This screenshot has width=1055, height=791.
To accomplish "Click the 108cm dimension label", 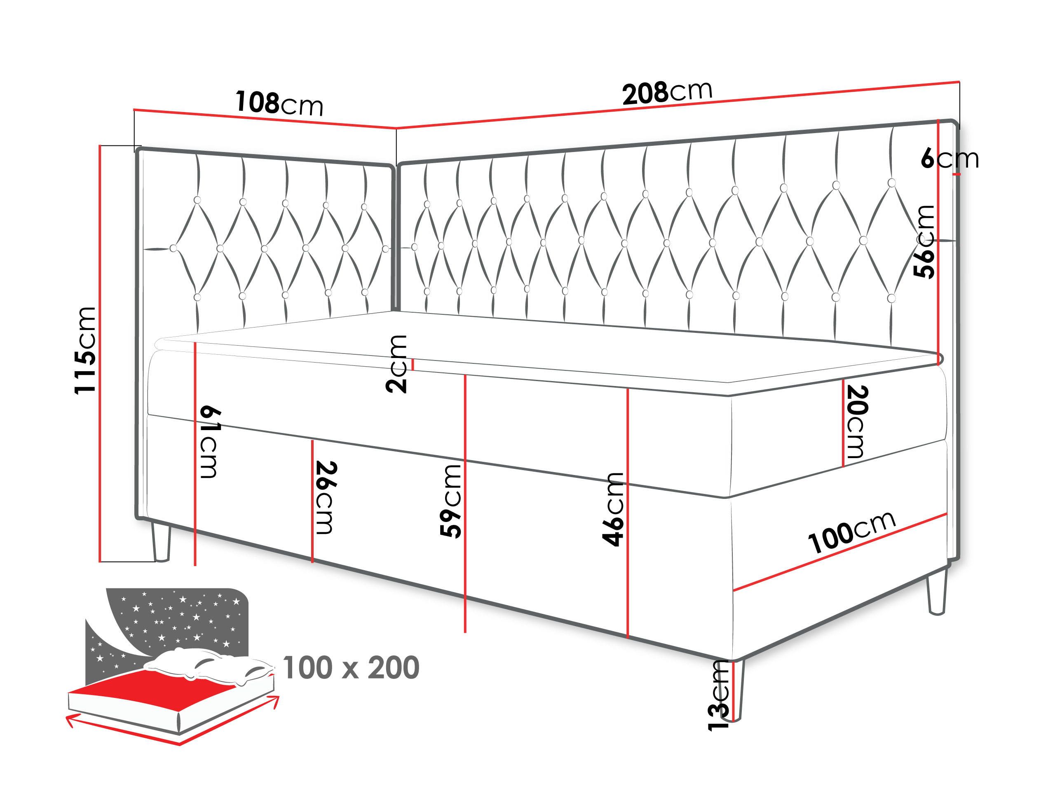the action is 279,103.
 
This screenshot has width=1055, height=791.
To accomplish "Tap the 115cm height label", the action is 86,351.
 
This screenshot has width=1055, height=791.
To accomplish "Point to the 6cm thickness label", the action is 949,158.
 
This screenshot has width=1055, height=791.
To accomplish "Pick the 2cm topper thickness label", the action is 396,364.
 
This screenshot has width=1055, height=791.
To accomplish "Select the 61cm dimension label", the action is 209,442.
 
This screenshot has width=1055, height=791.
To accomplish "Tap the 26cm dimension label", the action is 326,497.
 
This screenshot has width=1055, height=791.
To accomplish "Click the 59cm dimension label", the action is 451,501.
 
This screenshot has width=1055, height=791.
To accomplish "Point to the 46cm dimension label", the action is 613,509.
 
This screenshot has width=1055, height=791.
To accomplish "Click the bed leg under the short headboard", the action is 161,542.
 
